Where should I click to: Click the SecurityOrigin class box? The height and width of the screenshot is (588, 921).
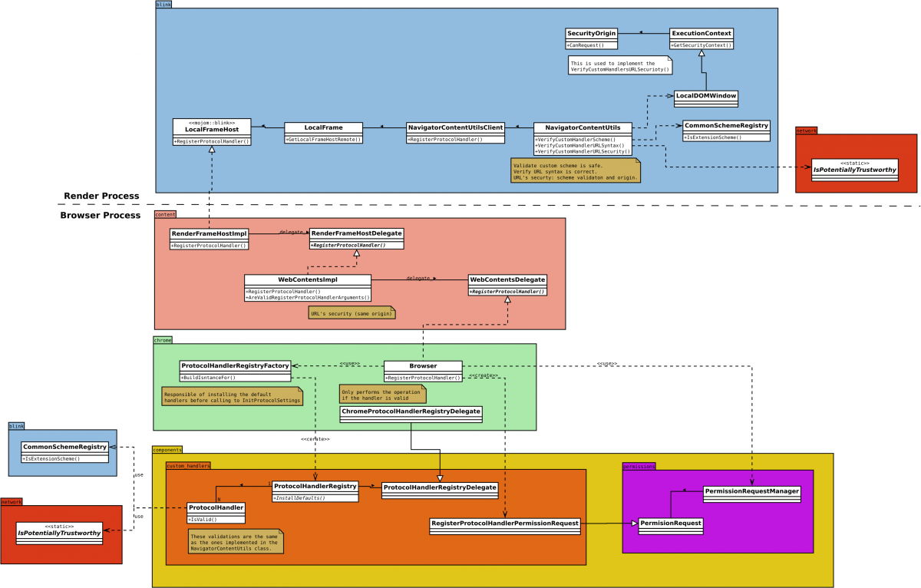[591, 38]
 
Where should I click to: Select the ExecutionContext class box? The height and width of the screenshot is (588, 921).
[701, 38]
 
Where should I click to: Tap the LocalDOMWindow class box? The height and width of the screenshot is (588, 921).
[705, 97]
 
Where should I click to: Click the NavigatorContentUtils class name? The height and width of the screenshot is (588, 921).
[583, 127]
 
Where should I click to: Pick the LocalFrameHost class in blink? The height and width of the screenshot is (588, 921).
[212, 132]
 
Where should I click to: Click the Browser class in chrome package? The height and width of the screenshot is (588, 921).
[423, 371]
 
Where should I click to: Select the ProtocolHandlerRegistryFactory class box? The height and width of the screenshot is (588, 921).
[235, 370]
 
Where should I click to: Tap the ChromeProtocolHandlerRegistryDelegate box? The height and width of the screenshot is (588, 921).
[411, 413]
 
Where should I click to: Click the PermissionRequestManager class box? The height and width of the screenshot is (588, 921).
[752, 494]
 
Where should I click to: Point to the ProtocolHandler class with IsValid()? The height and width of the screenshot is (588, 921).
[216, 511]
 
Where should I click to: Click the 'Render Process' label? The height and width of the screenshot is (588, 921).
[101, 197]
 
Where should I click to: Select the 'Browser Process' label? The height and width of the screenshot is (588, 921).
[100, 216]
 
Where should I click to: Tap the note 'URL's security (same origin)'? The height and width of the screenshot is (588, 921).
[352, 313]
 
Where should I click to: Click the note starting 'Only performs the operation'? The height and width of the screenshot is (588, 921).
[381, 394]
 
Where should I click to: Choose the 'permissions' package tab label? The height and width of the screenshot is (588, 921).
[639, 465]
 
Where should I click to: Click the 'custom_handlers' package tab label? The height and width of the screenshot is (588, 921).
[188, 465]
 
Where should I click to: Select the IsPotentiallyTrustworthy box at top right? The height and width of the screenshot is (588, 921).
[855, 169]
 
